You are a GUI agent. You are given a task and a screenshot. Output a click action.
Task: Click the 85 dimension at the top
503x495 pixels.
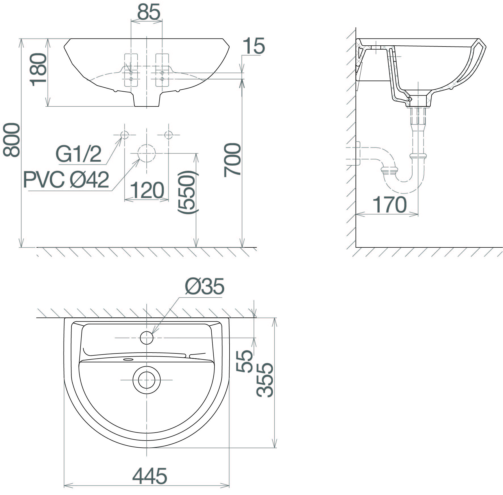149,12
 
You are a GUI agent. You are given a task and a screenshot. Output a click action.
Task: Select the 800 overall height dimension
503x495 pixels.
12,140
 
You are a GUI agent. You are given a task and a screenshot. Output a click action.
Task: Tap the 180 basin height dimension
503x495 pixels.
38,70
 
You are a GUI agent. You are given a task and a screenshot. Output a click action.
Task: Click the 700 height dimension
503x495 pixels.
232,160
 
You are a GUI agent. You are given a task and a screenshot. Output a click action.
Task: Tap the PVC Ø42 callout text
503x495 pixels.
66,179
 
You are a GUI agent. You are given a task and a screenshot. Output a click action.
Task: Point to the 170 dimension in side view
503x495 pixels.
389,205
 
